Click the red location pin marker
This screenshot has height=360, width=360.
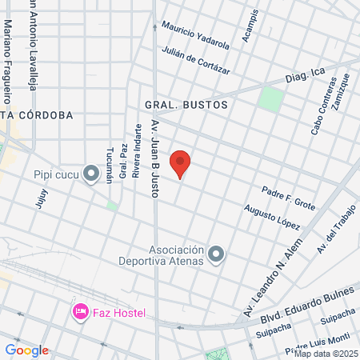coord(181,162)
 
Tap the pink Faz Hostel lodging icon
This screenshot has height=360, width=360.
coord(80,310)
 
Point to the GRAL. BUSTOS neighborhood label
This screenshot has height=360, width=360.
coord(186,105)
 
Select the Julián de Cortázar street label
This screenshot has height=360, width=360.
coord(196,61)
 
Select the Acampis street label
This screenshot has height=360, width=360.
coord(250,27)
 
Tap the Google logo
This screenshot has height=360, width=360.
coord(26,350)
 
